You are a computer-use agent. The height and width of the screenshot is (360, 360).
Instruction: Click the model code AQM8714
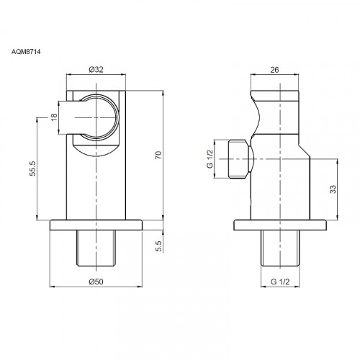pos(26,52)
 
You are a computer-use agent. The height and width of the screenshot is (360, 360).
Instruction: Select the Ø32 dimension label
pos(96,70)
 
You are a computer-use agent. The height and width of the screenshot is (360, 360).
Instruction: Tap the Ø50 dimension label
pos(96,282)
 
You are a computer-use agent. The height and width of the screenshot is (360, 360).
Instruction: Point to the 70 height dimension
pos(158,156)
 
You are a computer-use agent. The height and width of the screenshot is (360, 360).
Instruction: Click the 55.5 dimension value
pos(32,168)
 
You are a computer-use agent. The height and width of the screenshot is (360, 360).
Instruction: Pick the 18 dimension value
pos(55,117)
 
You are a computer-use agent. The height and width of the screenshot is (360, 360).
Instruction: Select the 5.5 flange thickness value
pos(158,246)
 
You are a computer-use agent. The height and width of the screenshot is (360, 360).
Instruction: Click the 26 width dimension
pos(274,70)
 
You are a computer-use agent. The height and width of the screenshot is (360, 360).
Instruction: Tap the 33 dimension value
pos(333,189)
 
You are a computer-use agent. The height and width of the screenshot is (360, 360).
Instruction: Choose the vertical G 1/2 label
pos(210,159)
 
